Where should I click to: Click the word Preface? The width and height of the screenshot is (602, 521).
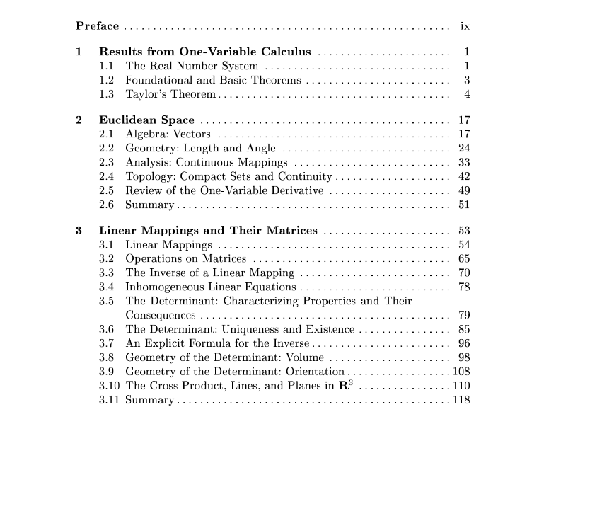coord(97,26)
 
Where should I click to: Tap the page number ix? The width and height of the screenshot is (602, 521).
coord(465,26)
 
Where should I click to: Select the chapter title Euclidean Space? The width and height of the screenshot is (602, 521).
coord(146,120)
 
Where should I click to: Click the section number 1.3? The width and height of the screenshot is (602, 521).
coord(107,94)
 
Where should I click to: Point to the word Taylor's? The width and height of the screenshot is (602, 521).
coord(146,94)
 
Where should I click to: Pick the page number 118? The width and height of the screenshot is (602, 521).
coord(461,400)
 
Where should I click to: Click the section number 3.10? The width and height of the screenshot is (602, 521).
coord(109,386)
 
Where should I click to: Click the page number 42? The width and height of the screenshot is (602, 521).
coord(464,176)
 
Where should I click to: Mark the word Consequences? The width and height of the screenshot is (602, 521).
coord(161,315)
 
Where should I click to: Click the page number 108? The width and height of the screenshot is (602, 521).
coord(461,372)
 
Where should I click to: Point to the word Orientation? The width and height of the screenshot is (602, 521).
coord(315,372)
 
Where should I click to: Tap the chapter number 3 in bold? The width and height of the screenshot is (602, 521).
coord(79,230)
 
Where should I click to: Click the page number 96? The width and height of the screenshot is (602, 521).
coord(464,343)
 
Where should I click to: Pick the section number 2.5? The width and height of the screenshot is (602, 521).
coord(107,190)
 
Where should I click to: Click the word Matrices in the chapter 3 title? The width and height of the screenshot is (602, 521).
coord(291,230)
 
